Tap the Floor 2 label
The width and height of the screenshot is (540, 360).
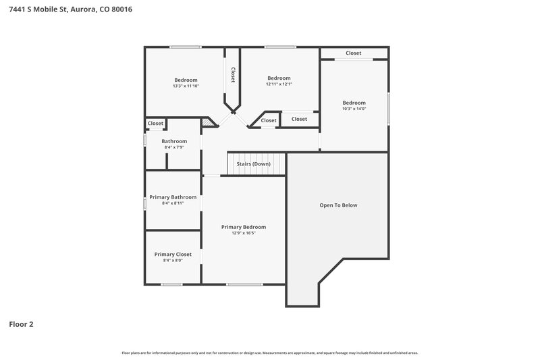point(21,324)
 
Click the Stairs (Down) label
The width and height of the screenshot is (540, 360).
point(253,164)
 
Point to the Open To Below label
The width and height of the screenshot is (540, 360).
point(338,205)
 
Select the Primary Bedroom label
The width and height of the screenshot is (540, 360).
point(244,227)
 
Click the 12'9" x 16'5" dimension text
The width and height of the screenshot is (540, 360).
point(244,233)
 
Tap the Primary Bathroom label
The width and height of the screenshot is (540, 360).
point(173,197)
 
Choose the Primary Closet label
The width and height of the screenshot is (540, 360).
point(173,255)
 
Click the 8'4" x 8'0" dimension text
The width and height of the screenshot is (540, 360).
point(173,261)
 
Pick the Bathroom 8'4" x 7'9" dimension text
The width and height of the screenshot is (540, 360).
point(173,147)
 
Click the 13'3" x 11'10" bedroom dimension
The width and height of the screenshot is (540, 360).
point(186,86)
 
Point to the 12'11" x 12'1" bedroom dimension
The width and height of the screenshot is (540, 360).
point(279,84)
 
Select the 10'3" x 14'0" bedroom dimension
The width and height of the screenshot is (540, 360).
point(354,109)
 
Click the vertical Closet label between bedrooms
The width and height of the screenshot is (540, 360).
point(233,74)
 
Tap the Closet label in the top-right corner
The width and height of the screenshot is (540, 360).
point(354,53)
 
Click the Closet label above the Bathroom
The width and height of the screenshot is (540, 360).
point(156,124)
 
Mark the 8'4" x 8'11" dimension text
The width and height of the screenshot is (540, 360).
point(173,203)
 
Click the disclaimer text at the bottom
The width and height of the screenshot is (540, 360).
point(269,353)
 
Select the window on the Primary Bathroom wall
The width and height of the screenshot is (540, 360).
point(144,203)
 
